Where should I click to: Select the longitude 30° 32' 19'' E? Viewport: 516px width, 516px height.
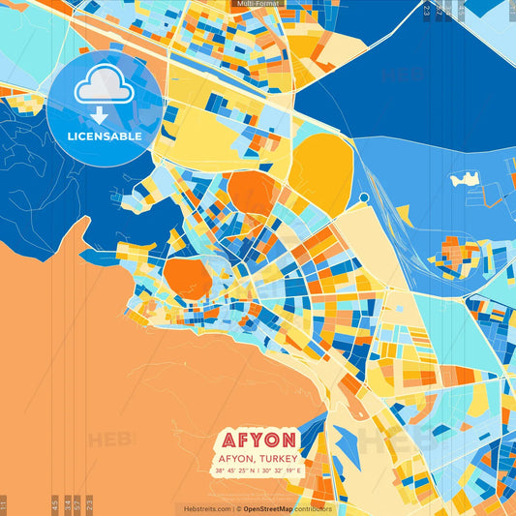click(x=282, y=471)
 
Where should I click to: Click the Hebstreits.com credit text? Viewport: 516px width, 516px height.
click(x=204, y=508)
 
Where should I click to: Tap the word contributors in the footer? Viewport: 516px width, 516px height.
click(x=314, y=508)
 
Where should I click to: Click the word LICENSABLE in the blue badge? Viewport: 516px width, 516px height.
click(x=105, y=137)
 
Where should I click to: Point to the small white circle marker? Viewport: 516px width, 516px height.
click(x=364, y=197)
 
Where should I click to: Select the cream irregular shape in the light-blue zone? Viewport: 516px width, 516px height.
click(x=465, y=179)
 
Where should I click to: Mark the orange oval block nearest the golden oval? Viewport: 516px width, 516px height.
click(x=254, y=192)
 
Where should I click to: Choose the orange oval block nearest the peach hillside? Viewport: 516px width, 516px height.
click(x=188, y=278)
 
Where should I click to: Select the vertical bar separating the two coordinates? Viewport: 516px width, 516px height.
click(x=259, y=471)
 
